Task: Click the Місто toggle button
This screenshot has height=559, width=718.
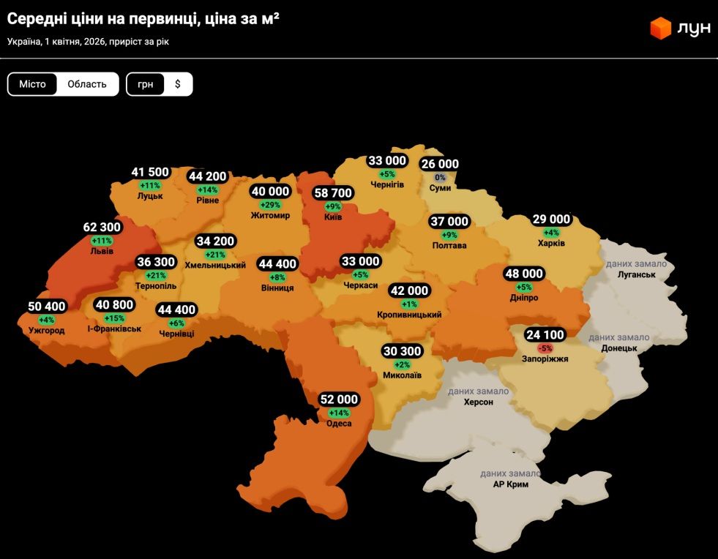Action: click(32, 84)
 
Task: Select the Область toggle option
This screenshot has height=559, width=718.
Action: click(87, 84)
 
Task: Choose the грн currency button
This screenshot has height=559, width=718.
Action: click(146, 84)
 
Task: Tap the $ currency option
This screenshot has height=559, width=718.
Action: click(178, 84)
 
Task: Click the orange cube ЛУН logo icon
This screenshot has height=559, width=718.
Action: click(661, 28)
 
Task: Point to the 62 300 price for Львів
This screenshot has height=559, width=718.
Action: click(101, 228)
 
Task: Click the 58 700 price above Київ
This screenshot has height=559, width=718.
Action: click(333, 193)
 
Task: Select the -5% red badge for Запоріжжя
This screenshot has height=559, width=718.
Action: click(545, 348)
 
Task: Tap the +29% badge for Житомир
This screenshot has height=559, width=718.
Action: click(270, 204)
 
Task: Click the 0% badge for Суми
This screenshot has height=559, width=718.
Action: click(440, 177)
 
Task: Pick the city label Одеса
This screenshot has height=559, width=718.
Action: click(340, 424)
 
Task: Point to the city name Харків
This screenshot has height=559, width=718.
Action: click(551, 243)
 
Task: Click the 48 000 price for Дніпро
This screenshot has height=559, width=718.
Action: click(524, 274)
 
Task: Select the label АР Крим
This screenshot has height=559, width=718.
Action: click(510, 484)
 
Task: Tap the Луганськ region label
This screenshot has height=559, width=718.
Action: click(635, 274)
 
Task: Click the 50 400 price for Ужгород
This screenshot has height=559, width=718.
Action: click(47, 307)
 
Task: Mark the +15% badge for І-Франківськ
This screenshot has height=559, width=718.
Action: click(114, 318)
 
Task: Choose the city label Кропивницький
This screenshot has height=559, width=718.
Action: click(409, 315)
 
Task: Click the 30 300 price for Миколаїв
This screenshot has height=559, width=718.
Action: click(403, 351)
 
